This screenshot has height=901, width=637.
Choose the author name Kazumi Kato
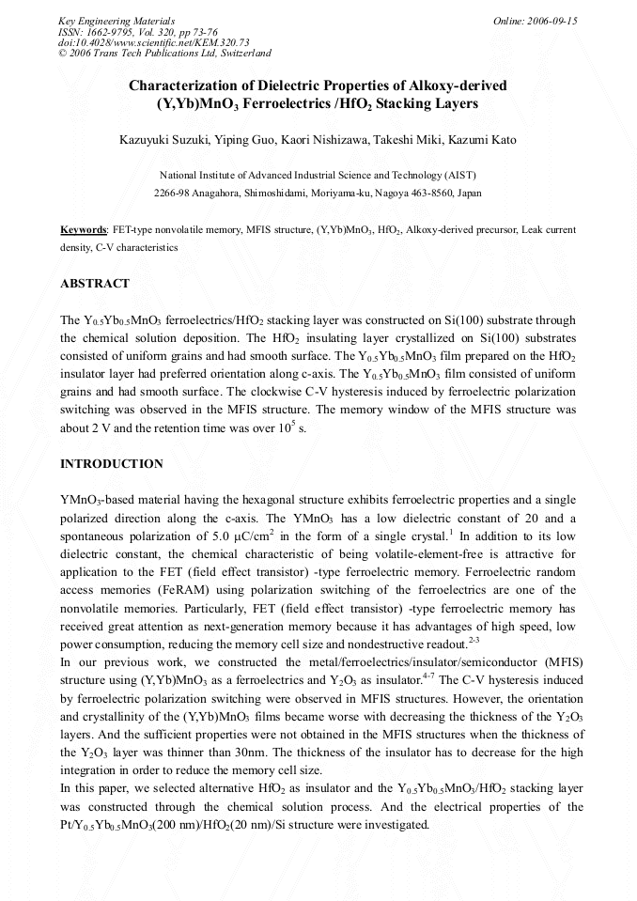pos(481,141)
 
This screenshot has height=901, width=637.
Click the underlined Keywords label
pos(84,229)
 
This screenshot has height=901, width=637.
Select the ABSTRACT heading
pos(95,283)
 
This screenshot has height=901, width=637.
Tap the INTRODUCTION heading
pos(112,464)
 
